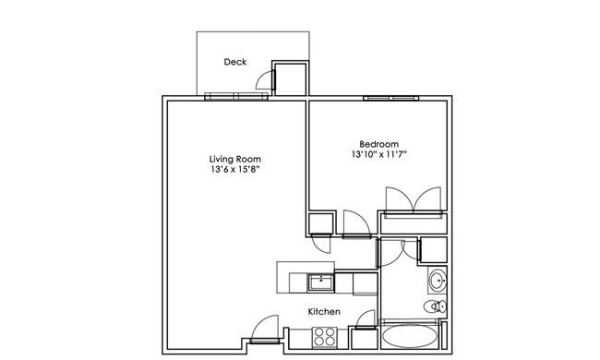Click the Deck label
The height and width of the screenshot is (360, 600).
[235, 62]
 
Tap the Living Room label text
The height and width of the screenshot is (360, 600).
[235, 159]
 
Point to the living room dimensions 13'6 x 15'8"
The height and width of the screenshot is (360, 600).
[235, 169]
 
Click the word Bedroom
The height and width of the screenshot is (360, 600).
[378, 144]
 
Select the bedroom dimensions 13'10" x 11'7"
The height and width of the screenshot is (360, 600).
[378, 154]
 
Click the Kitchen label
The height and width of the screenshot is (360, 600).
[324, 312]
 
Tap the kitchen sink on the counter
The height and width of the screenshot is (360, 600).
[320, 282]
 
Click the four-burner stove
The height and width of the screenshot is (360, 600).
[325, 338]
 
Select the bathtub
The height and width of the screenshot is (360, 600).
[410, 337]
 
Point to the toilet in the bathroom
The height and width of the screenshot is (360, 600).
[436, 306]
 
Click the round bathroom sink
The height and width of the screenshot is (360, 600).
[438, 281]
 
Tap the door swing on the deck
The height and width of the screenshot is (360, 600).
[265, 80]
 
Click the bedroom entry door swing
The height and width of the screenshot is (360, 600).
[356, 224]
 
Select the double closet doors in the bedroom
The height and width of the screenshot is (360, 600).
[414, 200]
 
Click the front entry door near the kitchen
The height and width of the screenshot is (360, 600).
[265, 329]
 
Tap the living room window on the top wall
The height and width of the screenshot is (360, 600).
[236, 96]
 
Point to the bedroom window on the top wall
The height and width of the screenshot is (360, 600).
[390, 99]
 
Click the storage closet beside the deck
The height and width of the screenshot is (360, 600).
[291, 78]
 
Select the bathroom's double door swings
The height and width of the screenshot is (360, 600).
[399, 253]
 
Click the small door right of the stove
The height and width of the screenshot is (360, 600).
[366, 319]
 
